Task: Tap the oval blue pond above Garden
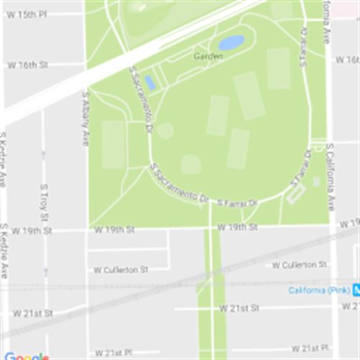point(231,43)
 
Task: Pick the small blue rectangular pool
point(149,83)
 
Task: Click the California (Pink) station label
point(319,290)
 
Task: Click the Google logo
point(26,356)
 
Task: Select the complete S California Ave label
point(330,177)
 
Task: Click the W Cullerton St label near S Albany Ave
point(120,270)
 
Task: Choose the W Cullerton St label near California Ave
point(300,265)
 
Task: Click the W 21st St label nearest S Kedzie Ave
point(32,313)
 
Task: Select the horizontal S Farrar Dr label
point(237,204)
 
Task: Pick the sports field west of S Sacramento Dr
point(113,144)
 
